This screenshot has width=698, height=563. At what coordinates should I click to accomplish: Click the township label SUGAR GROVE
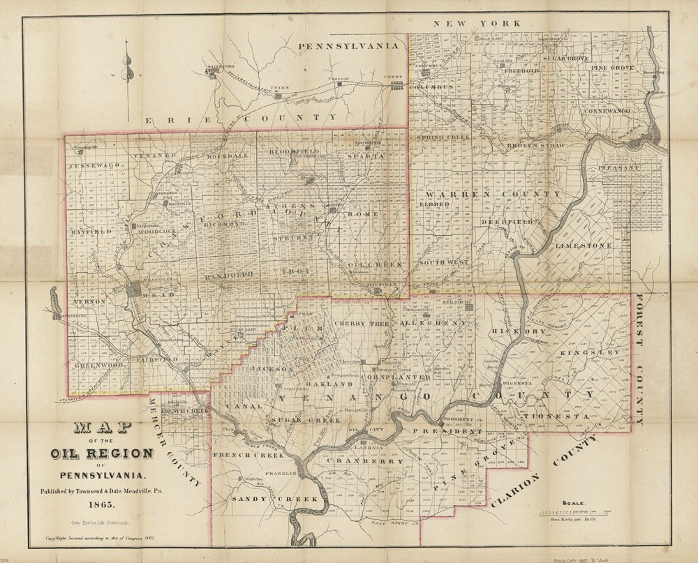[567, 59]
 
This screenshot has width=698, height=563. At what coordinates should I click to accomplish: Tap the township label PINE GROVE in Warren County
[613, 68]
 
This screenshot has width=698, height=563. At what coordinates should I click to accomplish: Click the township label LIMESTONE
[584, 246]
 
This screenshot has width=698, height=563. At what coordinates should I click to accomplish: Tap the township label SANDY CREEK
[275, 500]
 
